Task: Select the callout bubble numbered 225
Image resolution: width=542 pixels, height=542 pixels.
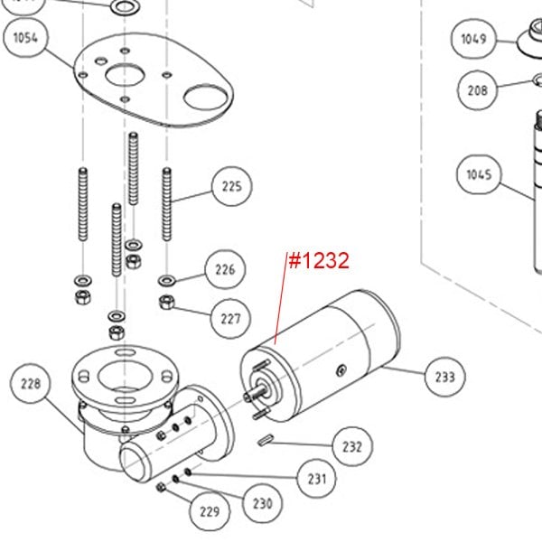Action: (x=231, y=188)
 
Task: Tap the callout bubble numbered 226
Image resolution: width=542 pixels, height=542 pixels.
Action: (x=224, y=269)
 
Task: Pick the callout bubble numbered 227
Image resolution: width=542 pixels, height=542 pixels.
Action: (x=230, y=319)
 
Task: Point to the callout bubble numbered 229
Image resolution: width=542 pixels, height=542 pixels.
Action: (x=209, y=511)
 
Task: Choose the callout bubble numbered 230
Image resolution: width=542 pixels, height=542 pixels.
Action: (x=261, y=503)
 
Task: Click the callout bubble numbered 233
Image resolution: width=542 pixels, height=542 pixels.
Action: (x=444, y=376)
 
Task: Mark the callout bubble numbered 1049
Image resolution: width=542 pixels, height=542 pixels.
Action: (x=473, y=39)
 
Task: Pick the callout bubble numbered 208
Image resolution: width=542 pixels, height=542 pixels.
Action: (x=476, y=90)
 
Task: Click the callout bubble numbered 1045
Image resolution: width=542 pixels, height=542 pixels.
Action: (x=480, y=174)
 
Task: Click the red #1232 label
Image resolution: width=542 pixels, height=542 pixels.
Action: (x=317, y=261)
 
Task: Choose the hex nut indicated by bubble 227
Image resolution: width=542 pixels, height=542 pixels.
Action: (x=166, y=302)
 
